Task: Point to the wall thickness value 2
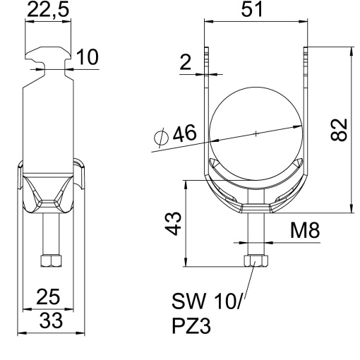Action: click(185, 63)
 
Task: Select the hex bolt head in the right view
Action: click(256, 262)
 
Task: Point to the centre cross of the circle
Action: click(256, 133)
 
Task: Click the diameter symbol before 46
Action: click(160, 136)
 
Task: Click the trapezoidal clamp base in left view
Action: click(49, 194)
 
